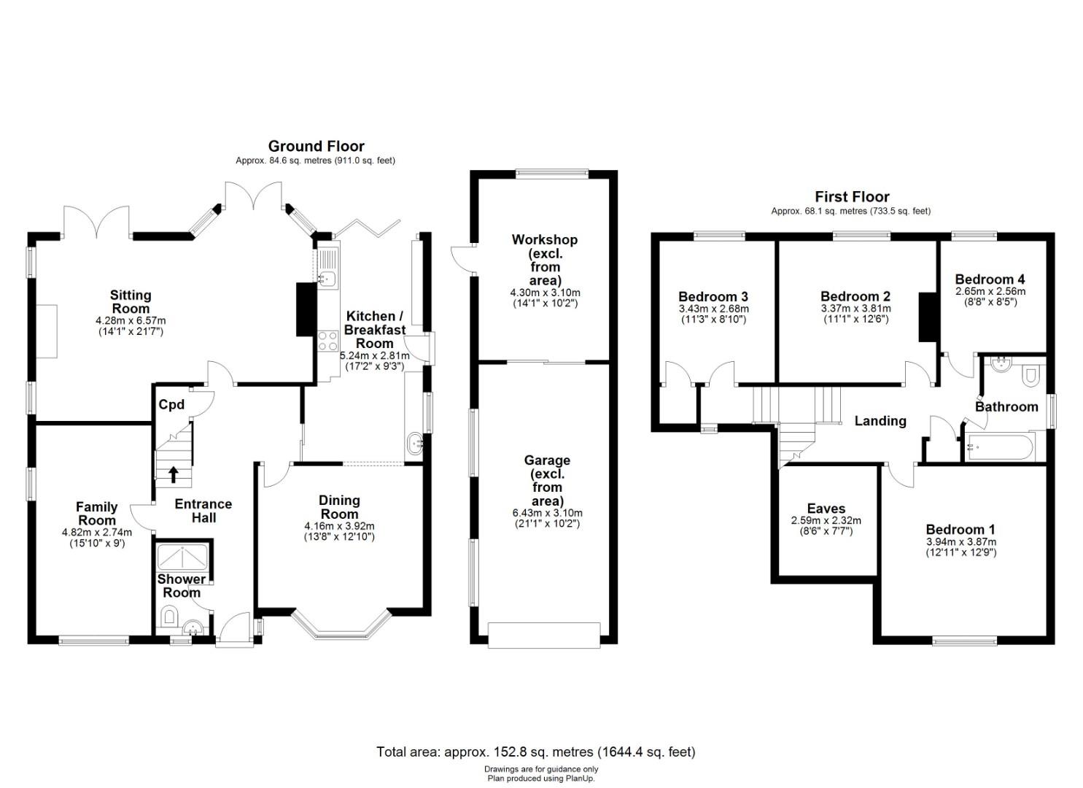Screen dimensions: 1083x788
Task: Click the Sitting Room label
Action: coord(131,302)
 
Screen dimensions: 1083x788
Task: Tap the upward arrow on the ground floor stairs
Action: coord(173,474)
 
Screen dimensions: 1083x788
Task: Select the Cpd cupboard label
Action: coord(171,404)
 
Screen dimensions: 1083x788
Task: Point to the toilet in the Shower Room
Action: coord(169,615)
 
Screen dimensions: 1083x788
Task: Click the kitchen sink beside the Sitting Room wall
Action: coord(329,278)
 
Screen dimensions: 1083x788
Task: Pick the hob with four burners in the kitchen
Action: coord(327,341)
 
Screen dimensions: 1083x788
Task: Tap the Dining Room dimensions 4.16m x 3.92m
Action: coord(339,526)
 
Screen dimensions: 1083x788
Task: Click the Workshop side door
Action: coord(462,261)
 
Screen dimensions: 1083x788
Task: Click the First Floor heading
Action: coord(852,197)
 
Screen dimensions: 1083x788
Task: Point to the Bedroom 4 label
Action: coord(990,279)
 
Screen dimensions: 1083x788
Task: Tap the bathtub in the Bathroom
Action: coord(1001,447)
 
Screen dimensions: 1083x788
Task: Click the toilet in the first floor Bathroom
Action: coord(1030,376)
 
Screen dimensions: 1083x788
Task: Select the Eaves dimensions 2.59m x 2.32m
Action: coord(826,520)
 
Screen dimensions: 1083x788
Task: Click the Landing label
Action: coord(880,421)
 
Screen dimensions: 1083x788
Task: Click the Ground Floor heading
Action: coord(317,146)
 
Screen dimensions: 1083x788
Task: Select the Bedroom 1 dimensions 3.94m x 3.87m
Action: coord(960,542)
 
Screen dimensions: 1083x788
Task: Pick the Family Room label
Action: coord(97,514)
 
